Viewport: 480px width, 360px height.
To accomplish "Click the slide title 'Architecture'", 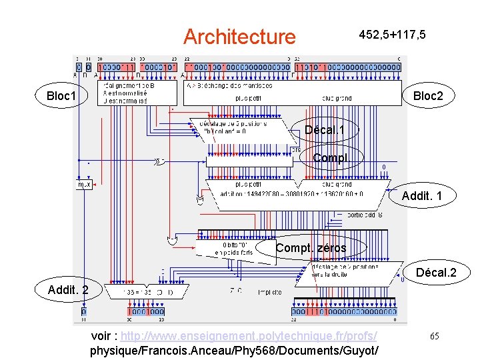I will point(239,36).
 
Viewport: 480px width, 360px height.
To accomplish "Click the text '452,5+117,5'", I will point(393,34).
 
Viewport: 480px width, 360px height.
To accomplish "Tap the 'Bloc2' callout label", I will point(427,97).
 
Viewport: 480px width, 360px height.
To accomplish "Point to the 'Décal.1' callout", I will point(324,129).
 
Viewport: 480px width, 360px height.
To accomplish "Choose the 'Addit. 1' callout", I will point(422,196).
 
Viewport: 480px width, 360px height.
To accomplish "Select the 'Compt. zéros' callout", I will point(311,248).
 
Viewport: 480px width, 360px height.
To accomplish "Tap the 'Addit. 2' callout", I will point(68,289).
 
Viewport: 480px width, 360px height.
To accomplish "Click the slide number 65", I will point(433,337).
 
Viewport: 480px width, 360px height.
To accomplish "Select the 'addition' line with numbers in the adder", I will point(292,194).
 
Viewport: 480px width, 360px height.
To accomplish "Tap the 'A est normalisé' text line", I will point(124,93).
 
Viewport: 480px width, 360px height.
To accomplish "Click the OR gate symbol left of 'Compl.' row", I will point(159,161).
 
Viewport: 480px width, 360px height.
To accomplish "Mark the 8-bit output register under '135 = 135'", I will point(146,311).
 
